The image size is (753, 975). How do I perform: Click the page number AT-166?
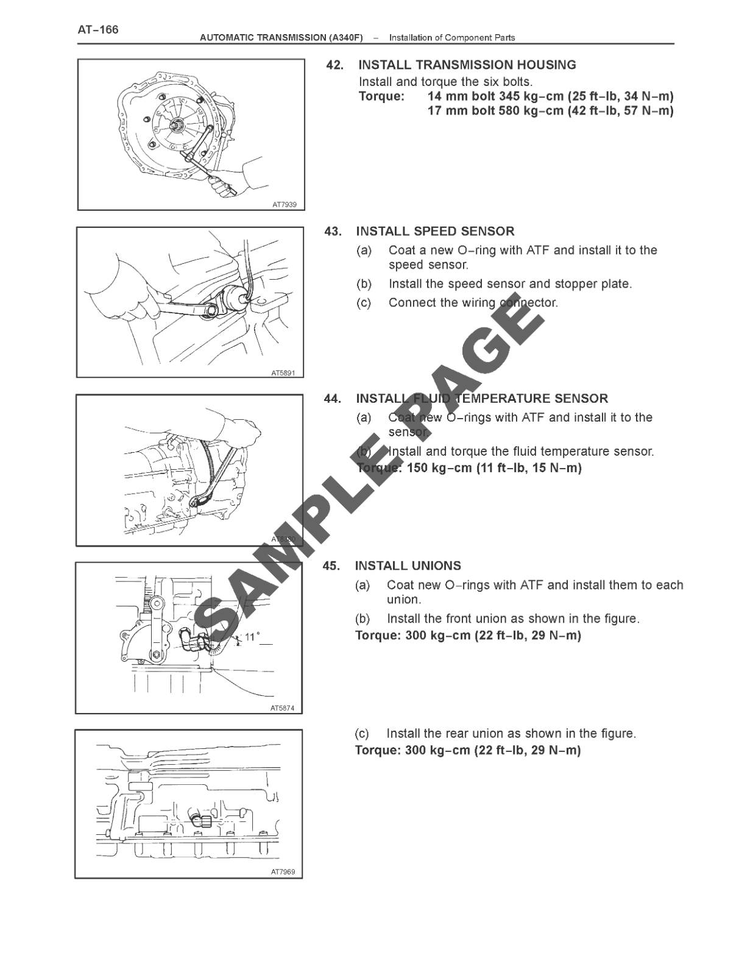[98, 29]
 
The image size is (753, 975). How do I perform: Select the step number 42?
[334, 65]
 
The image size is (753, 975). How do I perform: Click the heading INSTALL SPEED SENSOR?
[435, 231]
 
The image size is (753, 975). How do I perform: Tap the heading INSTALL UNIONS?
[408, 565]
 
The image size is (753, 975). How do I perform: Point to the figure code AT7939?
[284, 205]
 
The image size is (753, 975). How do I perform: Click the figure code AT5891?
[283, 372]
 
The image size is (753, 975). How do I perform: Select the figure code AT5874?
[282, 708]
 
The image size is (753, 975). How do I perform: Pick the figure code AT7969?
[283, 872]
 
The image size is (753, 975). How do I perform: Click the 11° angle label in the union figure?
[252, 637]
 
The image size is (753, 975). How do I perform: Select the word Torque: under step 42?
[381, 96]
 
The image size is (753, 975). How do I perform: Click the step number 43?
[333, 231]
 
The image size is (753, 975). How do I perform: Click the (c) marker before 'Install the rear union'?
[362, 733]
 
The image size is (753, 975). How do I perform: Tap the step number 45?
[331, 565]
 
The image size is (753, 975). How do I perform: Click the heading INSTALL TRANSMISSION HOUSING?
[467, 65]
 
